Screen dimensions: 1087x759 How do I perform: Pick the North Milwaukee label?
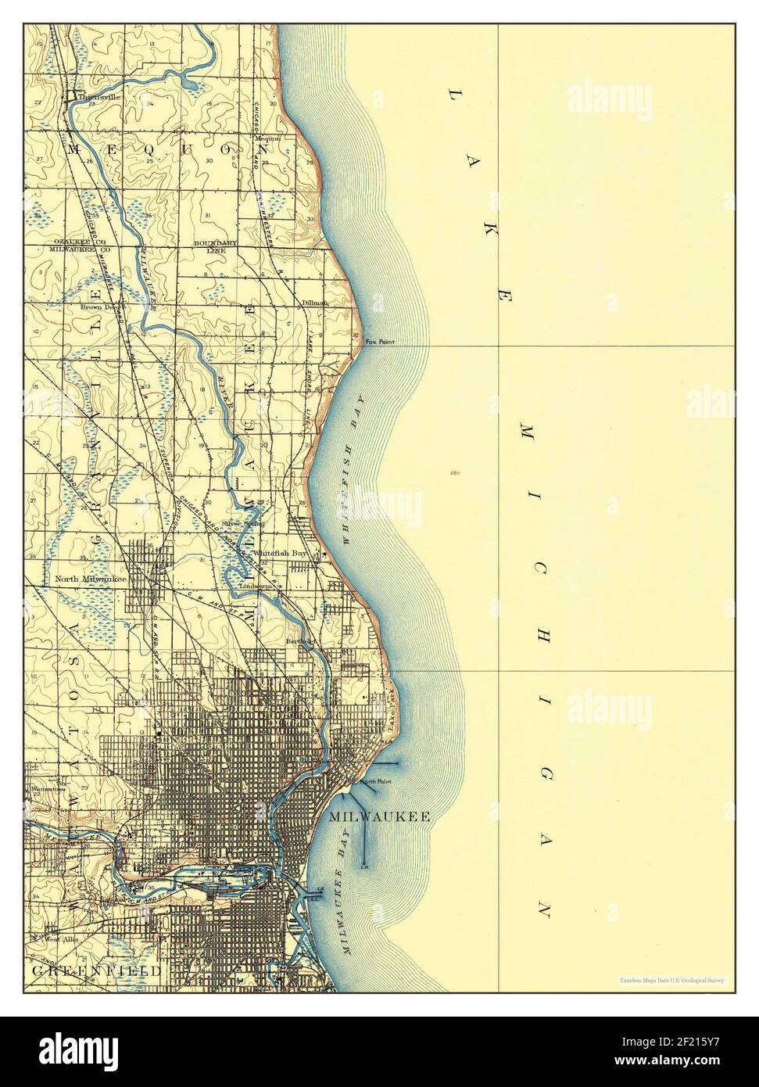coord(91,579)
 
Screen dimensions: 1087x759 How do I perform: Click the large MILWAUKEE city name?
coord(380,816)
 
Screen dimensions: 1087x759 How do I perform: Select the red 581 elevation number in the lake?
coord(454,473)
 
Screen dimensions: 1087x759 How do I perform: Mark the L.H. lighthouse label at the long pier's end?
coord(364,866)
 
